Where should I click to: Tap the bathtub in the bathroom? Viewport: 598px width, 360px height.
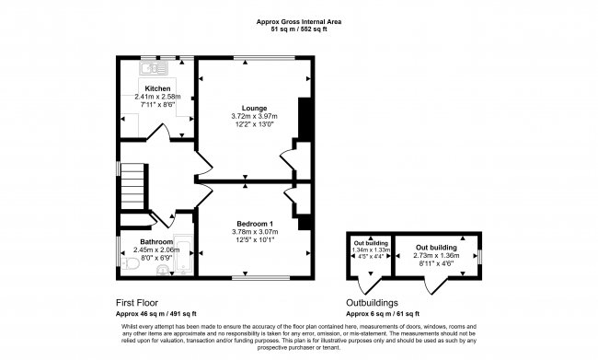(x=185, y=257)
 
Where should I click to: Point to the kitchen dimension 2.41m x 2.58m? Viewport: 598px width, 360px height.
(x=157, y=97)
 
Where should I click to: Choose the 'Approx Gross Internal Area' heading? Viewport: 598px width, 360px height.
(x=299, y=21)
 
